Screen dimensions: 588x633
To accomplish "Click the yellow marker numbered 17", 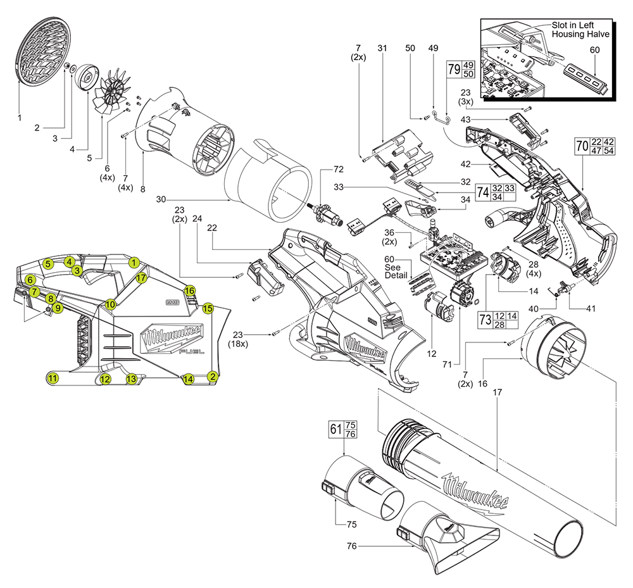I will coord(141,277).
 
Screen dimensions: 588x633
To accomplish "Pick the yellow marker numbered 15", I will coord(208,309).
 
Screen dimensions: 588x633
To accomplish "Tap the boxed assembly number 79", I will coord(453,69).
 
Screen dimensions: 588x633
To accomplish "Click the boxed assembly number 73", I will coord(485,320).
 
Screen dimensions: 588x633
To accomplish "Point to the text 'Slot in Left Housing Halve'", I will coord(580,29).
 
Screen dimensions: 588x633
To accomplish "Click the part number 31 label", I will coord(382,49).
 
